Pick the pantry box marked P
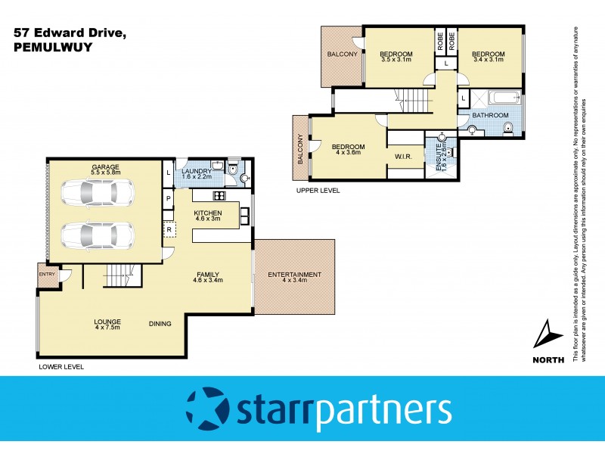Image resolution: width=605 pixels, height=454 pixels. click(x=168, y=199)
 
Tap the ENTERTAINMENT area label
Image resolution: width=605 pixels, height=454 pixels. click(x=295, y=278)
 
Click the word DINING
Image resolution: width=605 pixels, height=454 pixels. click(x=160, y=324)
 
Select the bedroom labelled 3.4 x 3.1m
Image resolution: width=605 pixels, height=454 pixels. click(x=488, y=58)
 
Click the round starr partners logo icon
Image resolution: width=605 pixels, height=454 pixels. click(x=206, y=409)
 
